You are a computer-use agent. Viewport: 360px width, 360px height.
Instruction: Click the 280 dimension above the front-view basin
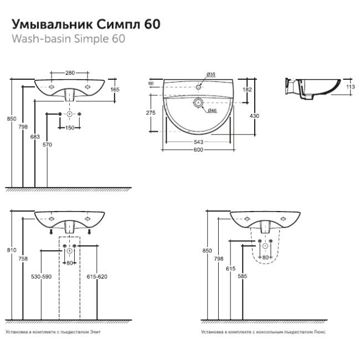point(69,73)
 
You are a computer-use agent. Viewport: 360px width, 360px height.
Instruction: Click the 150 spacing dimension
point(70,128)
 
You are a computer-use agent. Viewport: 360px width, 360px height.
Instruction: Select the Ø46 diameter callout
point(211,111)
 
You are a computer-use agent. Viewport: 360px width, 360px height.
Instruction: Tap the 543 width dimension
point(198,142)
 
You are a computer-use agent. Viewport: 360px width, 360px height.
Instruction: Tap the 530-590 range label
point(41,276)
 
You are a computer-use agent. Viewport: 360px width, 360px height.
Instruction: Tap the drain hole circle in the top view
point(198,103)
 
